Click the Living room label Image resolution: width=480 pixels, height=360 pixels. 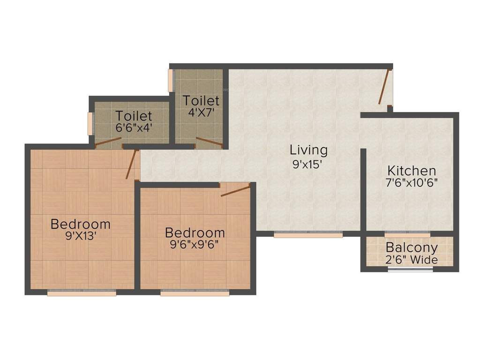[308, 150]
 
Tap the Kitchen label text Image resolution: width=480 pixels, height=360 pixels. [412, 171]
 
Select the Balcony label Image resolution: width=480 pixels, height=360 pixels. [412, 247]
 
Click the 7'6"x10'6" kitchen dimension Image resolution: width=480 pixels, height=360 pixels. [412, 183]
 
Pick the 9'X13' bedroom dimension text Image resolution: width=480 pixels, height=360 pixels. [81, 236]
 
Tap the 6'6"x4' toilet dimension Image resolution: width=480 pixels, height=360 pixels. [134, 127]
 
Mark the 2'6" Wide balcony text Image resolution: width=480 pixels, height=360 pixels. [412, 260]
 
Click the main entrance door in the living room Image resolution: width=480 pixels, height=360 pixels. [384, 87]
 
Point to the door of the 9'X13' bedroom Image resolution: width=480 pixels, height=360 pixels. [131, 164]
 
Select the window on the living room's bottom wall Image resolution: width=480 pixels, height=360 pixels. [308, 235]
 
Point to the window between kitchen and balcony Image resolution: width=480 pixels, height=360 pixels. [407, 234]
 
